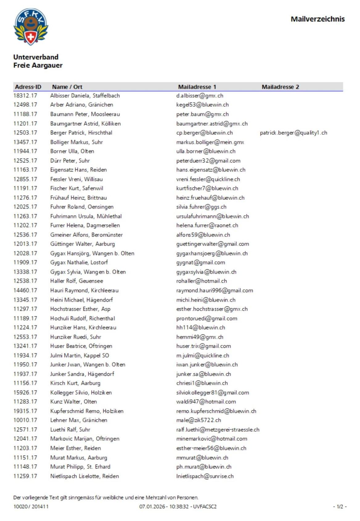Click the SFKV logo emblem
31,27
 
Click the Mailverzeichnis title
317,19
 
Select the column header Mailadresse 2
280,87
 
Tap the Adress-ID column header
28,87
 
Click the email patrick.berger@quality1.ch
293,133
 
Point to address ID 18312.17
25,96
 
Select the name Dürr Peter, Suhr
70,161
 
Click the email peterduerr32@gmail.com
208,161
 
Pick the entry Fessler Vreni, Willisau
76,179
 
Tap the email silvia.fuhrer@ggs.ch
201,207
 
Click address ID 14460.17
25,290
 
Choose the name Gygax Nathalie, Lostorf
79,262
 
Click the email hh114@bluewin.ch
201,327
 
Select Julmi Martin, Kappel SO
80,355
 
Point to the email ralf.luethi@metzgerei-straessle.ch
218,429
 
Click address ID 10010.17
25,420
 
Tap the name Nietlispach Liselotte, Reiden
84,476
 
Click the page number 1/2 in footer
340,507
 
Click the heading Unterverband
36,57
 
